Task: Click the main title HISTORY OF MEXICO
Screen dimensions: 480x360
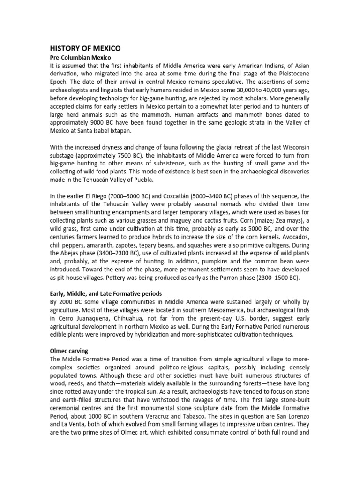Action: point(85,48)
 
